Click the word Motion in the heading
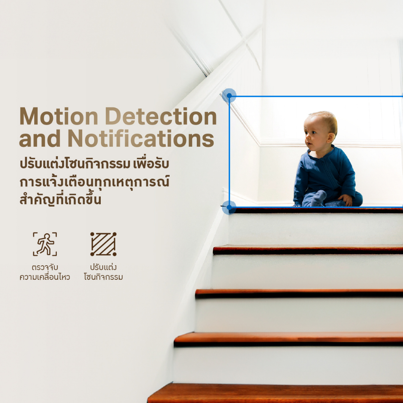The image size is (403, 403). point(59,116)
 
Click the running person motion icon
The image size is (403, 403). point(45,244)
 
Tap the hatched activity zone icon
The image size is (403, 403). point(104,244)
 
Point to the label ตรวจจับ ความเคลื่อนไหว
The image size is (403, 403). point(45,272)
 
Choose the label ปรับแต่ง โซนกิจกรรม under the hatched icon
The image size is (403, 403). point(104,272)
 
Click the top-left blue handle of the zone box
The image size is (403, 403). point(229,96)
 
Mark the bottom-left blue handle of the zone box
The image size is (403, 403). point(229,207)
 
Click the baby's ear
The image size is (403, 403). point(331,138)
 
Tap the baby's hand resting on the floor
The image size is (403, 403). point(346,200)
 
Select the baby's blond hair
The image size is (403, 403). point(324,121)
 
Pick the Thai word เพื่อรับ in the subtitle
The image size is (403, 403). point(151,163)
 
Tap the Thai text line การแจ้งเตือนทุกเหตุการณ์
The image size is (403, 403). point(94,181)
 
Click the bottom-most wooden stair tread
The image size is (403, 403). point(275,393)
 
